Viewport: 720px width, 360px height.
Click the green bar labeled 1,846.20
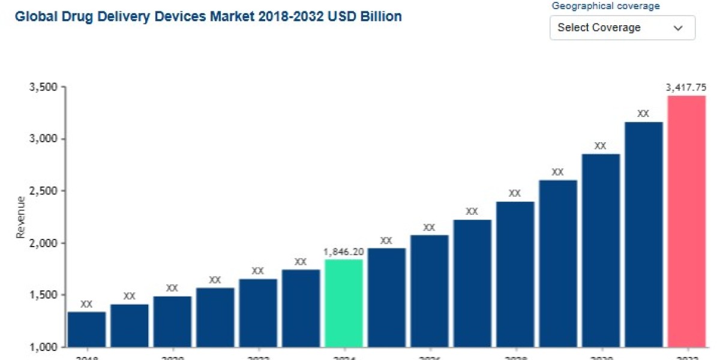click(344, 303)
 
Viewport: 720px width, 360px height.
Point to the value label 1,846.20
click(344, 252)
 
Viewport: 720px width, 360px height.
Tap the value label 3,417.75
click(686, 88)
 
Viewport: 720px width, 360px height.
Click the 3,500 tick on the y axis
click(43, 87)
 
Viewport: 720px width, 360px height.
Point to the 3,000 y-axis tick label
click(43, 139)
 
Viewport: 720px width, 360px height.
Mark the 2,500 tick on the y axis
click(43, 191)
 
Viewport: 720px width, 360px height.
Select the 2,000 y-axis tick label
click(43, 243)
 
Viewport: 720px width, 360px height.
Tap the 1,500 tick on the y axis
click(43, 295)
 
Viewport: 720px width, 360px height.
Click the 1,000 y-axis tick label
click(43, 347)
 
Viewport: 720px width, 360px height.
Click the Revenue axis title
click(20, 217)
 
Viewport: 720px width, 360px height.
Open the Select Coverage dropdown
click(622, 28)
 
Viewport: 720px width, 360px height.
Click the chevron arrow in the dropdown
click(678, 28)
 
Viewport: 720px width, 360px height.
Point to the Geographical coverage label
click(605, 6)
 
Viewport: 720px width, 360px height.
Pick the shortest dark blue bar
click(86, 329)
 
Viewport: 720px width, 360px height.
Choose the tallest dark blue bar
click(643, 234)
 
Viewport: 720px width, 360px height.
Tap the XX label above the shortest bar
click(86, 304)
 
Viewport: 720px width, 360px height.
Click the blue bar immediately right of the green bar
click(386, 297)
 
